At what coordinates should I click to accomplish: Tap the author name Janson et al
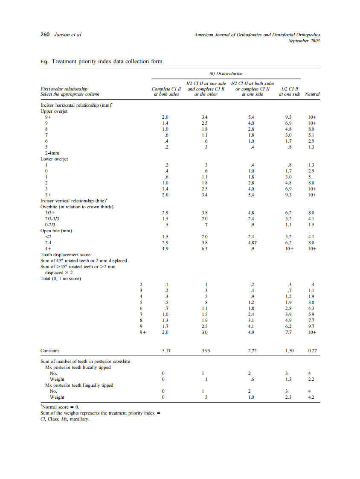coord(67,35)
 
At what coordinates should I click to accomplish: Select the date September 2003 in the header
coord(304,41)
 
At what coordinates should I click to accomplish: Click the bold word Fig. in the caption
coord(44,61)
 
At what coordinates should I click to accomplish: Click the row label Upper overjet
coord(54,111)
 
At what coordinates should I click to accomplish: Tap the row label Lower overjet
coord(54,159)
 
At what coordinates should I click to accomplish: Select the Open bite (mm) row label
coord(56,231)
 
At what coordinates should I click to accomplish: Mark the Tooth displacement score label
coord(65,254)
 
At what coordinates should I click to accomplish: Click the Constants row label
coord(50,351)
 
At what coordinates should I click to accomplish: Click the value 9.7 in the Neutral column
coord(311,326)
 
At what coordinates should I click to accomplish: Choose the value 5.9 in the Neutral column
coord(311,314)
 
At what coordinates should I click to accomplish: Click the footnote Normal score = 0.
coord(58,407)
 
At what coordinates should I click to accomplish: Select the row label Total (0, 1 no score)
coord(61,278)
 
